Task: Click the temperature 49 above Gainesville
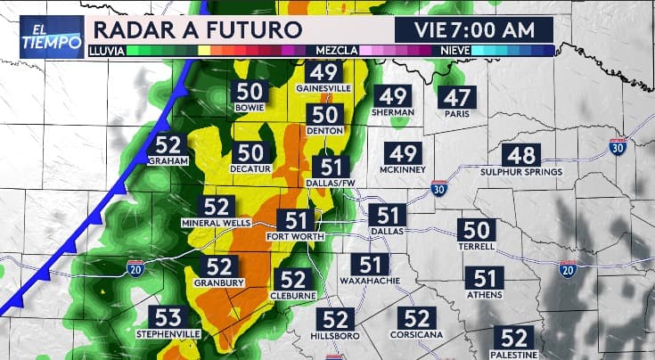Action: point(324,73)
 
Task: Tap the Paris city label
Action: point(459,114)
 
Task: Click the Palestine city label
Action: point(513,354)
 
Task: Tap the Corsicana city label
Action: point(415,334)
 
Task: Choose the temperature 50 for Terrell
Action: point(477,230)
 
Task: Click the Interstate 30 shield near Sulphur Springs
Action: point(618,147)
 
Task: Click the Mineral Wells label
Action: point(219,222)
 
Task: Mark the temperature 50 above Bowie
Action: point(250,92)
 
